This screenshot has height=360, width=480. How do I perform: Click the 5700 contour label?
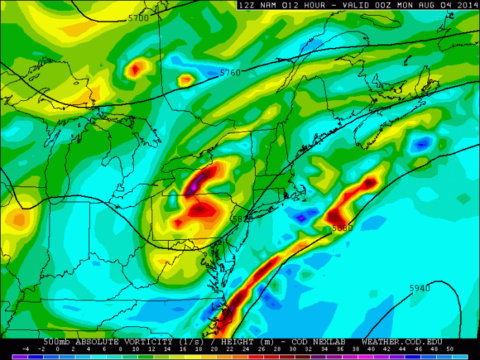point(138,19)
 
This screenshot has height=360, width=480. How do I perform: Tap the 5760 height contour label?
point(230,72)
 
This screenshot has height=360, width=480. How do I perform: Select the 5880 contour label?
point(341,228)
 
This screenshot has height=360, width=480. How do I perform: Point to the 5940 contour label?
point(420,288)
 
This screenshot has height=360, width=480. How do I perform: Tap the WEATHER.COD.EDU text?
point(402,342)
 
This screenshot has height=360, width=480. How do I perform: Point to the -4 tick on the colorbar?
point(25,350)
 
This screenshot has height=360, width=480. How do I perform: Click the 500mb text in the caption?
point(57,342)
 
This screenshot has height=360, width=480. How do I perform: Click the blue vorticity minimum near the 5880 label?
point(301,218)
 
